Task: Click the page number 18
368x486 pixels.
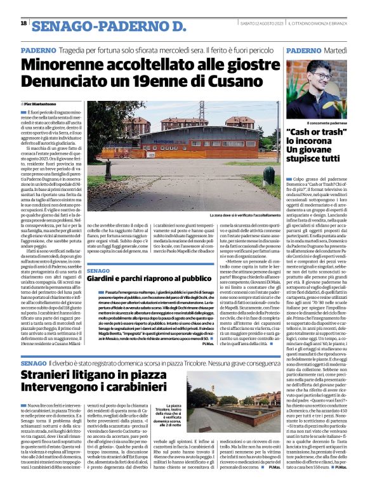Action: (x=23, y=23)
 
